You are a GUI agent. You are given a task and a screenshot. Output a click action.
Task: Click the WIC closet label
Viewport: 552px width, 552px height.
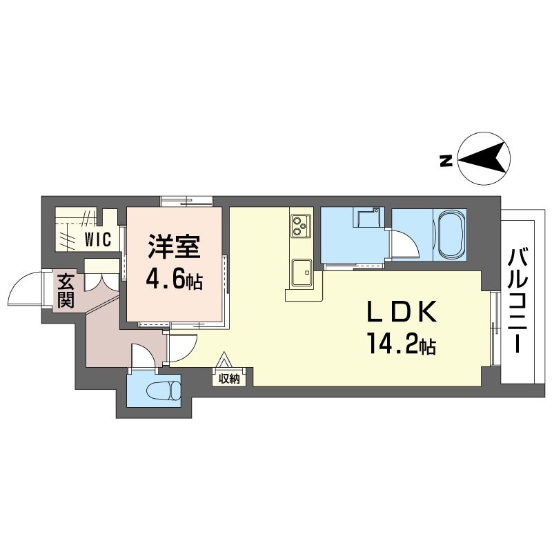pos(98,239)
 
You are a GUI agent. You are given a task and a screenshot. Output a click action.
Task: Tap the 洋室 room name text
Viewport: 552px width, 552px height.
pos(174,246)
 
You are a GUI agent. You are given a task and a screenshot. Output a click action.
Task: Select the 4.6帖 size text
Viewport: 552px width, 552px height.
pos(174,280)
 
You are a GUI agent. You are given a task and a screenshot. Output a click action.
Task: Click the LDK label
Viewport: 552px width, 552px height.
pos(402,312)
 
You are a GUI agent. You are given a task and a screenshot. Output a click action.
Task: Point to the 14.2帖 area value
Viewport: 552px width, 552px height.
pos(402,344)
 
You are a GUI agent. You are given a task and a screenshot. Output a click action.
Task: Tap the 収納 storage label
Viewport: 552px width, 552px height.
pos(229,378)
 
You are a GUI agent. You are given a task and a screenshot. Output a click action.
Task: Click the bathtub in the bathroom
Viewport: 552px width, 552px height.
pos(451,234)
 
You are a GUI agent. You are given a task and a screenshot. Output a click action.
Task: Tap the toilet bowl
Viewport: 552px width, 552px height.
pos(163,390)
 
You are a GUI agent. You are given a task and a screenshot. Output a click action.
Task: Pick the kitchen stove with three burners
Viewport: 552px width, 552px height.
pos(301,226)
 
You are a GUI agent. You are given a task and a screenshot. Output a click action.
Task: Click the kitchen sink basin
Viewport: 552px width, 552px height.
pos(302,273)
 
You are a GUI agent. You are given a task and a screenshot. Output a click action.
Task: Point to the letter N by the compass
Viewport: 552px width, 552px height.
pos(446,161)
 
